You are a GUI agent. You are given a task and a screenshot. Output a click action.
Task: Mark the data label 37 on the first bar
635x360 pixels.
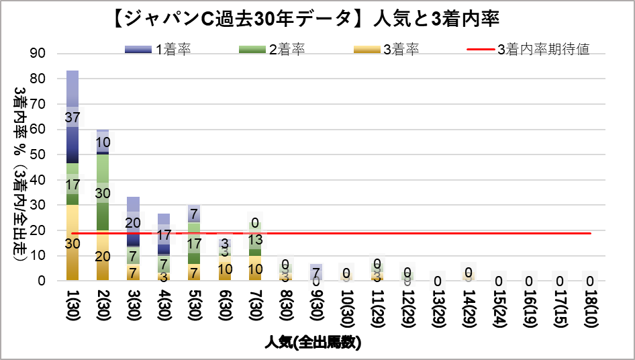(x=72, y=118)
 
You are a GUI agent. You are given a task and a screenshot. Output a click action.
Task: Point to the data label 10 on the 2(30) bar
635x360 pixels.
(x=103, y=142)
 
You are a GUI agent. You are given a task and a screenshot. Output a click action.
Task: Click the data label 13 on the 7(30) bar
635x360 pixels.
(x=255, y=240)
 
